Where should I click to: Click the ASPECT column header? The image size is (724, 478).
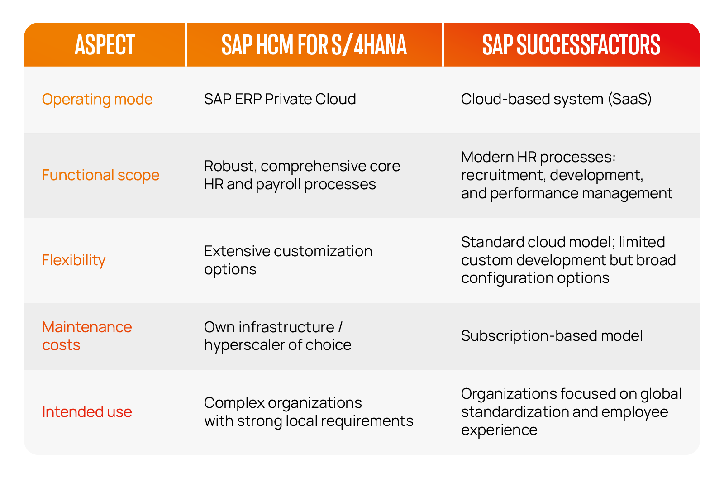(105, 45)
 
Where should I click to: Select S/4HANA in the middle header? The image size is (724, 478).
(369, 45)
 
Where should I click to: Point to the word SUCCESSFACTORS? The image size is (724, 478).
(588, 45)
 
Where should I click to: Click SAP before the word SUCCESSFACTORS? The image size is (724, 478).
(497, 45)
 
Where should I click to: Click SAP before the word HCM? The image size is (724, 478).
(237, 45)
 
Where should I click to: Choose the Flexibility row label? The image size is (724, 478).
(74, 260)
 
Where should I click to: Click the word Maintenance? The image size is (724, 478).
(87, 327)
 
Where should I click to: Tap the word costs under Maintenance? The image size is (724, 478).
(61, 345)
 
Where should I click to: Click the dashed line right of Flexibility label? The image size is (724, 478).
(186, 260)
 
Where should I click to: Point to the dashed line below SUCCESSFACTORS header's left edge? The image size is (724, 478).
(443, 226)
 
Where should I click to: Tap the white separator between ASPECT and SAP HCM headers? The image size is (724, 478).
(186, 45)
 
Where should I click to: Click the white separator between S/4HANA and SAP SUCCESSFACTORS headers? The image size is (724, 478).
(443, 45)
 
